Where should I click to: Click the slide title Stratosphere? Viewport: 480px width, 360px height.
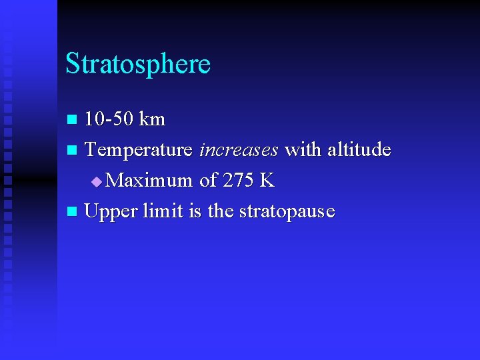click(138, 64)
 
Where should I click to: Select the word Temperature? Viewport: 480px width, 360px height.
click(139, 150)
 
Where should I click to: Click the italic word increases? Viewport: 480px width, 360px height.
click(239, 150)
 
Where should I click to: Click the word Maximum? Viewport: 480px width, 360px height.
click(149, 181)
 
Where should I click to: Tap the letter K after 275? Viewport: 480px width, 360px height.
click(267, 181)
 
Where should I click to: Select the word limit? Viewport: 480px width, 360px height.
click(161, 211)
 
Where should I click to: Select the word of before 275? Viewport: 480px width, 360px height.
click(207, 181)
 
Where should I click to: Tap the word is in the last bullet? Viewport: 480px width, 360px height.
click(195, 211)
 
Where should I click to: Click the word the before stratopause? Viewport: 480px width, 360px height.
click(220, 211)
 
